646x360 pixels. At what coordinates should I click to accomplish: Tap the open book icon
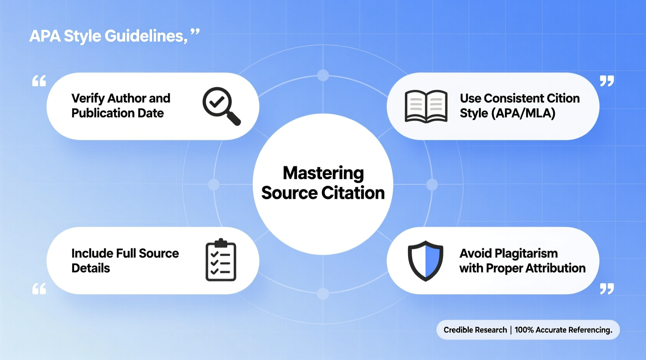point(426,106)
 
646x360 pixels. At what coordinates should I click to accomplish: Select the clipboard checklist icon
point(221,260)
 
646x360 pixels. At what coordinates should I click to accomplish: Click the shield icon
point(425,261)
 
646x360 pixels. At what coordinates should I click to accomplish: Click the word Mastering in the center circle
point(323,173)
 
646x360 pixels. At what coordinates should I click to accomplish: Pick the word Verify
point(88,99)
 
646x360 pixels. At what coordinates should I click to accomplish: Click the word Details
point(90,268)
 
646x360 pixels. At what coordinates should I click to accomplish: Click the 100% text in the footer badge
point(524,330)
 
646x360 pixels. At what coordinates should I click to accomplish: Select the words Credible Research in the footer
point(475,330)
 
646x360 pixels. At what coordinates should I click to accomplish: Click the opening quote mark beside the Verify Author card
point(39,81)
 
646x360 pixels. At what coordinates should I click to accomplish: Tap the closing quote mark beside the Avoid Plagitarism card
point(607,289)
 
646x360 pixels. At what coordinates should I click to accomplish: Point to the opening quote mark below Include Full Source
point(39,289)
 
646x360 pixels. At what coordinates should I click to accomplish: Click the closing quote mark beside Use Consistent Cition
point(607,81)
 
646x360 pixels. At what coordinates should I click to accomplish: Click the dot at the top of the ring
point(323,75)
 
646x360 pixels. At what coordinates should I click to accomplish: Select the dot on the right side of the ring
point(432,185)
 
